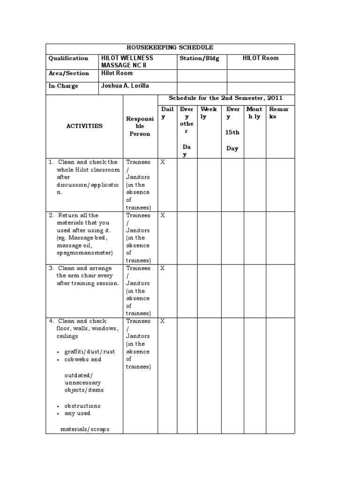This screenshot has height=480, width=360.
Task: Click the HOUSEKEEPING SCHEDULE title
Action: [x=170, y=48]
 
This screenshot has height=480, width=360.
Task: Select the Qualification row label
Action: [x=68, y=59]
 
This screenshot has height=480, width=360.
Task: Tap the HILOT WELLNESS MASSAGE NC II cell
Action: [x=127, y=62]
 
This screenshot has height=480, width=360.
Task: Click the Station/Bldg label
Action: [x=200, y=59]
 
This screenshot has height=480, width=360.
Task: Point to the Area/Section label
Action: [x=68, y=74]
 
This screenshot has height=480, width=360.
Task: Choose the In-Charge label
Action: [x=64, y=86]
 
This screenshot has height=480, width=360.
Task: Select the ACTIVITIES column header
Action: [x=84, y=126]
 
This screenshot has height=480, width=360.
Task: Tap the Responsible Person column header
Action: [x=139, y=126]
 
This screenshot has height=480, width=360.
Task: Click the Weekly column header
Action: [x=209, y=113]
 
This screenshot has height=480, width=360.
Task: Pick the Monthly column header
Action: [x=254, y=113]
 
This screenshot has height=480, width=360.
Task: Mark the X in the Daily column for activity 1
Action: [x=163, y=162]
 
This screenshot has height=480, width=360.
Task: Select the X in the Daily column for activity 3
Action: [x=163, y=269]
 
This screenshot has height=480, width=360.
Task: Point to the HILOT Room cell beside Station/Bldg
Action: [x=260, y=59]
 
